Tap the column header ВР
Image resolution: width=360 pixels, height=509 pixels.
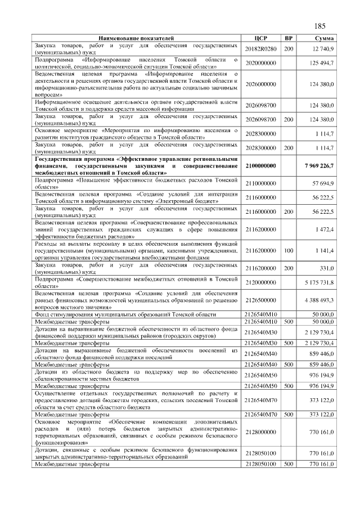(x=289, y=38)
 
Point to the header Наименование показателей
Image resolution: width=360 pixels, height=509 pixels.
(x=136, y=38)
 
